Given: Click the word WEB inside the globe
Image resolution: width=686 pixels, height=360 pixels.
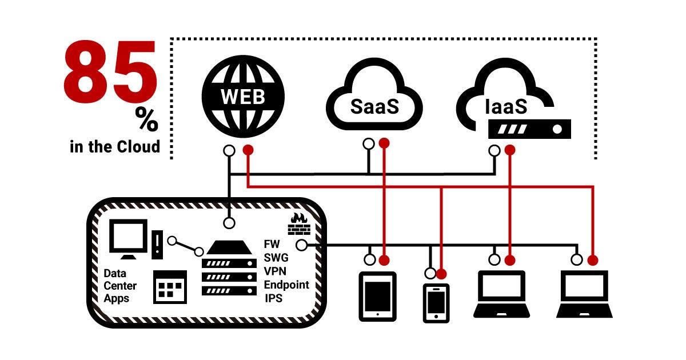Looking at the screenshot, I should [243, 96].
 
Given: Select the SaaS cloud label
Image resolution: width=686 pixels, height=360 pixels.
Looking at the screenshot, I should [374, 106].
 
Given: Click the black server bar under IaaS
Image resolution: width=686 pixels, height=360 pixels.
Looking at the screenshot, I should [529, 129].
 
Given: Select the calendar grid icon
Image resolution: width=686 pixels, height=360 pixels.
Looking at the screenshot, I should [170, 287].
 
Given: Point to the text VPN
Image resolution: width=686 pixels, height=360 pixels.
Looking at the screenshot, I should [275, 271].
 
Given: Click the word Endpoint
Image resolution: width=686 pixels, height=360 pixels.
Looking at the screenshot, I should [286, 285].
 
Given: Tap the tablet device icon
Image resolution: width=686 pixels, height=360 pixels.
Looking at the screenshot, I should [377, 296].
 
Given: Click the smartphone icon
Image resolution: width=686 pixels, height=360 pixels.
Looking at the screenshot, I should [436, 302].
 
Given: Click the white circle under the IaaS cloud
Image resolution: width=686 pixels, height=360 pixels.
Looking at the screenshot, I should [495, 151].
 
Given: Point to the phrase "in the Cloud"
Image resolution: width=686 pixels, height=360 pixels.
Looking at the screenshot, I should [115, 146].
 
